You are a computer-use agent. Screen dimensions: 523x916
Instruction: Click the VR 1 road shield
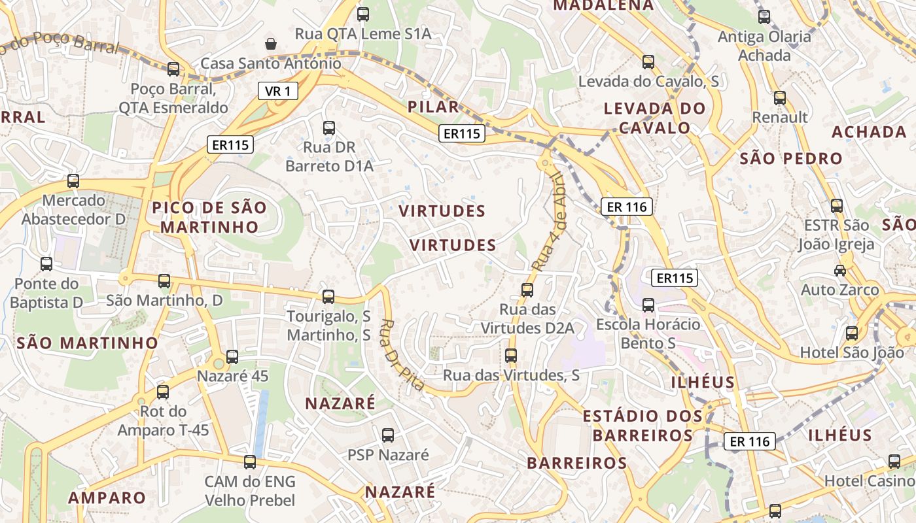[x=278, y=92]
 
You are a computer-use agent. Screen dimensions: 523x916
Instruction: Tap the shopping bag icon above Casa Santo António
[x=270, y=44]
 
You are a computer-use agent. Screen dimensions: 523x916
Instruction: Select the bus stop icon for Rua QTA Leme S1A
[x=363, y=14]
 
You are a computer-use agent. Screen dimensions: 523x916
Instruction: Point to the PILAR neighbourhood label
[x=433, y=107]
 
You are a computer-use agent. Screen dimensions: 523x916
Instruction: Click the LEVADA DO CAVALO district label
[x=654, y=118]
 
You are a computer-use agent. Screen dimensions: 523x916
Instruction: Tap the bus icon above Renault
[x=780, y=98]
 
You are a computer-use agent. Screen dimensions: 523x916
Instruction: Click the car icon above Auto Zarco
[x=840, y=270]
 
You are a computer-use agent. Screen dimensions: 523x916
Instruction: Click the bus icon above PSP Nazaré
[x=388, y=435]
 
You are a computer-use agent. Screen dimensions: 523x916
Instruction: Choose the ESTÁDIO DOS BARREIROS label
[x=643, y=425]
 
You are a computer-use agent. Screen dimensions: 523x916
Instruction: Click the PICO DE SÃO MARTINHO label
[x=209, y=218]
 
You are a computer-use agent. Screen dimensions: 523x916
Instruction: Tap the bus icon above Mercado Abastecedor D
[x=73, y=181]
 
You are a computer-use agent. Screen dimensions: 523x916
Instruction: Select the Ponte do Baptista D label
[x=46, y=293]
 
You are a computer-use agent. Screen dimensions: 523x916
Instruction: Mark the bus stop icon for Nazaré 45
[x=232, y=356]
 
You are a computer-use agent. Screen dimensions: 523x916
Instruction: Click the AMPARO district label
[x=107, y=498]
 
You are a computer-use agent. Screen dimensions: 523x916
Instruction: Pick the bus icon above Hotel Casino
[x=894, y=462]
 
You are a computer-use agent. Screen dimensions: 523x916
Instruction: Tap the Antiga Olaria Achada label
[x=764, y=46]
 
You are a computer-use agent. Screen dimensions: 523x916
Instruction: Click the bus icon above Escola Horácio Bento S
[x=648, y=305]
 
